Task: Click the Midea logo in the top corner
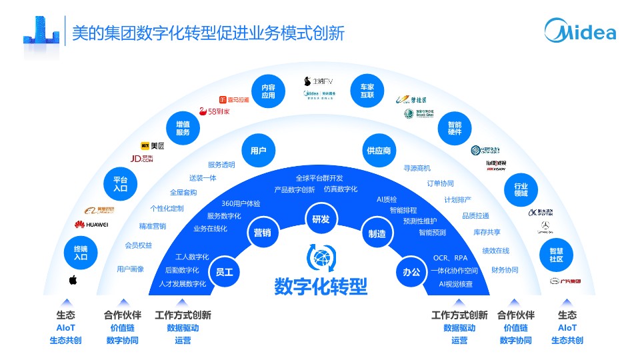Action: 579,31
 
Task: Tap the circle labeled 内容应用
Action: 268,91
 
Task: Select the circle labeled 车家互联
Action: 367,91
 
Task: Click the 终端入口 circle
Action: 81,253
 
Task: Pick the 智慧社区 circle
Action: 556,254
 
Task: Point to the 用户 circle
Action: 259,151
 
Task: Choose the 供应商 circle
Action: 378,151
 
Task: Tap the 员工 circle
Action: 225,272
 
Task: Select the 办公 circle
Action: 411,272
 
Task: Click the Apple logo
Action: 73,280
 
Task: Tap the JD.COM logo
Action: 141,159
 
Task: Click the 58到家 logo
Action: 215,111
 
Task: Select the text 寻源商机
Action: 417,168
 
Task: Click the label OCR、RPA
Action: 450,258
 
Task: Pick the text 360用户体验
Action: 241,203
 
